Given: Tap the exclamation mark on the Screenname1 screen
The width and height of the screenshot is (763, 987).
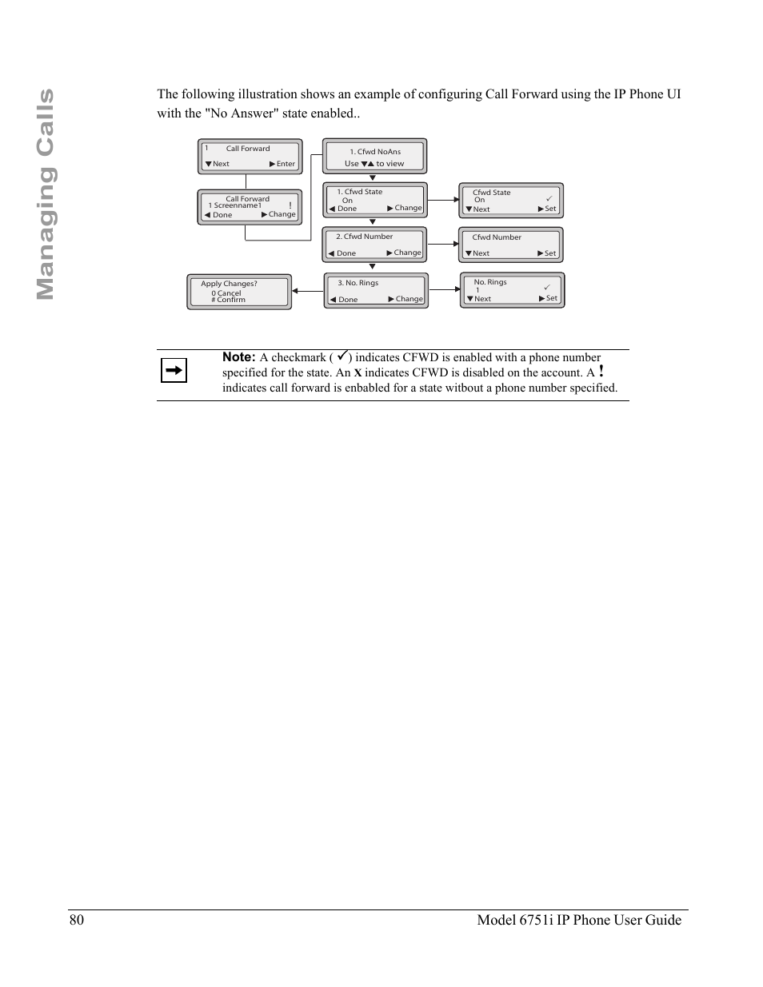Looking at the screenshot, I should pyautogui.click(x=290, y=205).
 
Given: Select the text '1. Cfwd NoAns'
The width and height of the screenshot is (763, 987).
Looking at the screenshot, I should pyautogui.click(x=375, y=151).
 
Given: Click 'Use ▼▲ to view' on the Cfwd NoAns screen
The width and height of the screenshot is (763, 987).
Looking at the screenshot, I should pyautogui.click(x=374, y=164).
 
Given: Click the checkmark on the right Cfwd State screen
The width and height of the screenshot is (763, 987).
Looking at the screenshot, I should pyautogui.click(x=549, y=198).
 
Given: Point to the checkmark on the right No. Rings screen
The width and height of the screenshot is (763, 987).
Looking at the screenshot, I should pyautogui.click(x=547, y=287).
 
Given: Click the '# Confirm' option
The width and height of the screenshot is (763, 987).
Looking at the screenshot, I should pyautogui.click(x=229, y=300).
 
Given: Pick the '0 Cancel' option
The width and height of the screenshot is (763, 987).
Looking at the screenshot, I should pyautogui.click(x=226, y=293).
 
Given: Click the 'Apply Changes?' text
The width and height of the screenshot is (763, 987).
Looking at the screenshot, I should pyautogui.click(x=229, y=284).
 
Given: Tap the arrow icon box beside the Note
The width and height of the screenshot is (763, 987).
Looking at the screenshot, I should pyautogui.click(x=174, y=370).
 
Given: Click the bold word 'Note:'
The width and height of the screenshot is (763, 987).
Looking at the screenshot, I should pyautogui.click(x=238, y=357).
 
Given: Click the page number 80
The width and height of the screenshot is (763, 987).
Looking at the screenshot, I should pyautogui.click(x=76, y=920).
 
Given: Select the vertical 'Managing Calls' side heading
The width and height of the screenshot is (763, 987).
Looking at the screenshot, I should pyautogui.click(x=45, y=194).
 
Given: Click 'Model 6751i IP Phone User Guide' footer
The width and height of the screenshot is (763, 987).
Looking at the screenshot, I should pyautogui.click(x=579, y=920).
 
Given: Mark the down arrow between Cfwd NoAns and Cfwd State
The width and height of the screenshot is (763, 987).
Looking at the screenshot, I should pyautogui.click(x=372, y=178).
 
